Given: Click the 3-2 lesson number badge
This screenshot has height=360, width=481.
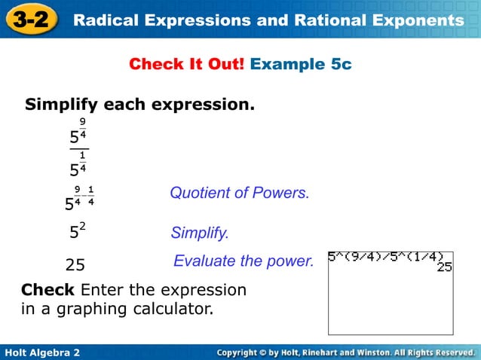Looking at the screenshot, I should coord(31,19).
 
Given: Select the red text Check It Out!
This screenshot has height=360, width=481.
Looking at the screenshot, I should coord(187,65).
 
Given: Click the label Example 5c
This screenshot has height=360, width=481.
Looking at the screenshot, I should coord(301,65).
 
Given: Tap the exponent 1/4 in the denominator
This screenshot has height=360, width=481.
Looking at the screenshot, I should coord(82,160).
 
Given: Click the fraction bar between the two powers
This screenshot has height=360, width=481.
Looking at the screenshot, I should coord(78,150).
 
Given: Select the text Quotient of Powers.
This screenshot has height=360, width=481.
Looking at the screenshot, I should coord(239,193).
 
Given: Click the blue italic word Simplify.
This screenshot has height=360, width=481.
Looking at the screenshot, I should coord(200,233).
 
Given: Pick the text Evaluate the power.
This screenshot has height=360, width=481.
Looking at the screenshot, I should coord(243,261).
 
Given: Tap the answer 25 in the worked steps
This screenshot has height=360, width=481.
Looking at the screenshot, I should coord(75,265).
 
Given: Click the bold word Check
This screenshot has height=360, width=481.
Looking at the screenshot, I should coord(47,290).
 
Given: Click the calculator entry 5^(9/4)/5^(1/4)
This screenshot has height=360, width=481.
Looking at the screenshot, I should coord(385,256).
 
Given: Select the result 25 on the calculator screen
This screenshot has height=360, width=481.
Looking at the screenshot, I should coord(444,267).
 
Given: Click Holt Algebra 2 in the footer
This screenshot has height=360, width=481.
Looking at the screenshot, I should coord(42,352).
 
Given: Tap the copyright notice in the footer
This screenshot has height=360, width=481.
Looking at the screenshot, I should coord(345,352).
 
